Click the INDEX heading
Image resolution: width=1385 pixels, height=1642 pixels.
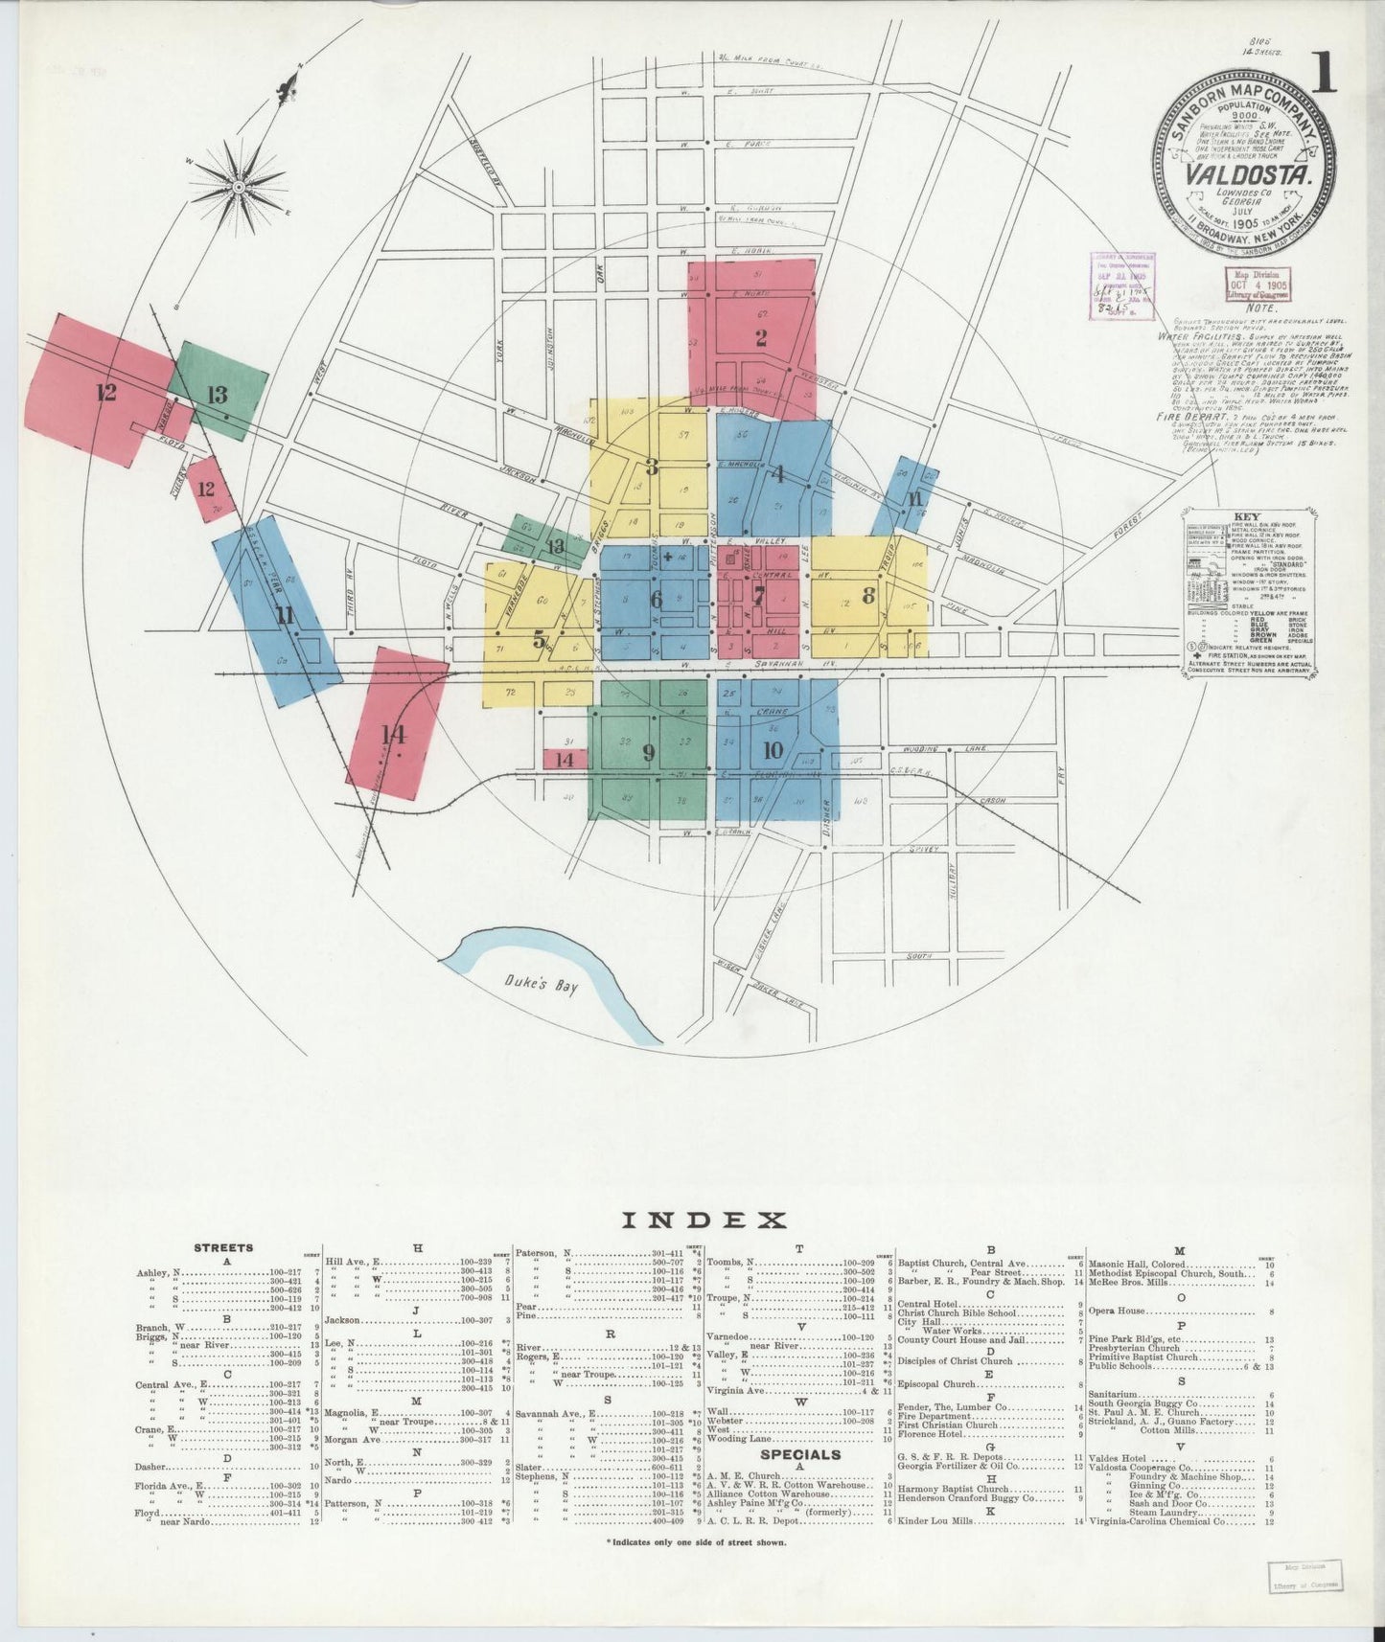coord(704,1220)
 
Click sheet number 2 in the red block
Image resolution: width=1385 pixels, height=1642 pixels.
coord(761,337)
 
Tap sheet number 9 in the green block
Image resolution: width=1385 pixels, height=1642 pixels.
coord(649,752)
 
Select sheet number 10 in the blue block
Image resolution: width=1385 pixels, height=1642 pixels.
coord(773,751)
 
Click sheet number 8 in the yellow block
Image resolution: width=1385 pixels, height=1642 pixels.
coord(868,595)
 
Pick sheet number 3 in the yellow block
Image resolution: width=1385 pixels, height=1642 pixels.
coord(652,468)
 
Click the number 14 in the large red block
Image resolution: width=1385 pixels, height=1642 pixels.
coord(394,735)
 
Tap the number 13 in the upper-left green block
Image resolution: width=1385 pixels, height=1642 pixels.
coord(217,394)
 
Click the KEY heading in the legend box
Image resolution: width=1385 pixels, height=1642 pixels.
coord(1248,515)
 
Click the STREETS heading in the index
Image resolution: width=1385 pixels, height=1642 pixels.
coord(223,1248)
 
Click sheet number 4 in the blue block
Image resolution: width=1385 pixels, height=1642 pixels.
coord(778,473)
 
